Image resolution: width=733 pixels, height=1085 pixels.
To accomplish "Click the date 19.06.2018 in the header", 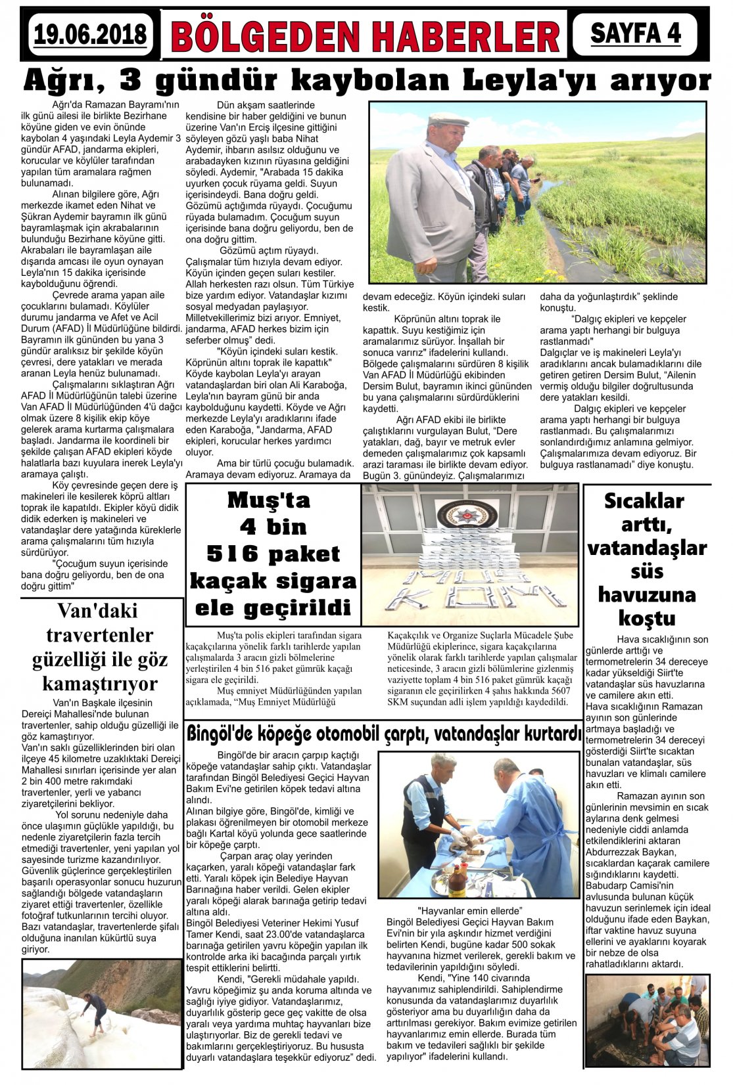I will click(90, 33).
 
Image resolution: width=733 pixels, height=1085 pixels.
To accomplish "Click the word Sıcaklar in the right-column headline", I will click(644, 501).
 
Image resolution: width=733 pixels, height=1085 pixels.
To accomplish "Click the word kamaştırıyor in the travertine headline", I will click(100, 684).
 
